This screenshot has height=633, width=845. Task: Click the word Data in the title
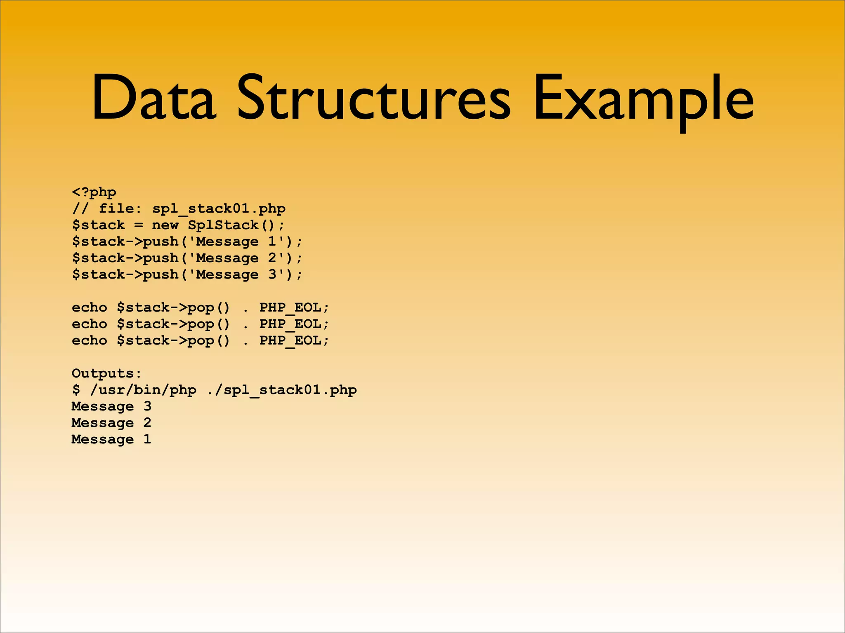tap(153, 98)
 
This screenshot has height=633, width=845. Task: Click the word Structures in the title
tap(373, 98)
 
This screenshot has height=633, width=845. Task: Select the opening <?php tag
tap(94, 192)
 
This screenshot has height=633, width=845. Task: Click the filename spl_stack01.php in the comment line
tap(219, 209)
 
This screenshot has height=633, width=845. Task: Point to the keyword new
tap(165, 225)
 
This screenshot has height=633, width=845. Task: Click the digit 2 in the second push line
tap(272, 258)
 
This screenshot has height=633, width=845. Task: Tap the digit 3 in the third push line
tap(272, 274)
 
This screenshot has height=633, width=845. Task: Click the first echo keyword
tap(90, 308)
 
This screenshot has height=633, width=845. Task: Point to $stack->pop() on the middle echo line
tap(173, 324)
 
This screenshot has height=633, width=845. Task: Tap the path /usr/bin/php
tap(143, 390)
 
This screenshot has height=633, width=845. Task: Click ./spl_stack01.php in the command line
tap(281, 390)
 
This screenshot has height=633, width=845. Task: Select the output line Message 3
tap(111, 407)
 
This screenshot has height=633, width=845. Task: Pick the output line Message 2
tap(111, 423)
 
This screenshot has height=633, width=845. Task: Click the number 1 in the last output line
tap(147, 439)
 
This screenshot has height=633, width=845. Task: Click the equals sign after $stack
tap(139, 225)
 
